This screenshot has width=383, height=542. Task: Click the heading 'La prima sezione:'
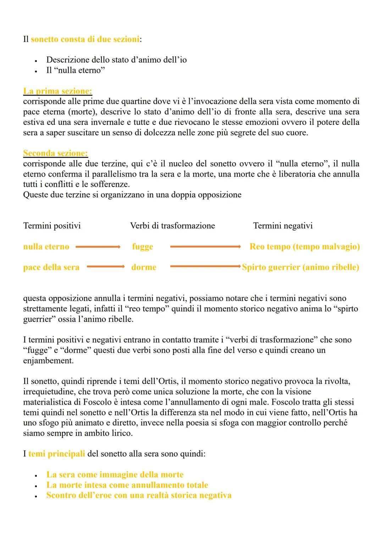(x=57, y=91)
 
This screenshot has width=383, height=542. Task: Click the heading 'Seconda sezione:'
(x=55, y=153)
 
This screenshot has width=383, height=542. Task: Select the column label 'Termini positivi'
(x=52, y=226)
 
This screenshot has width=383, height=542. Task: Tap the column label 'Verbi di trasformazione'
(x=172, y=226)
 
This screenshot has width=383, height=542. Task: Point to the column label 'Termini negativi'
(x=283, y=226)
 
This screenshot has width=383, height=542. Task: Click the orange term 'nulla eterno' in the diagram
(x=46, y=247)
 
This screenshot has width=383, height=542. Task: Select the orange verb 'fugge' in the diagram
(x=143, y=247)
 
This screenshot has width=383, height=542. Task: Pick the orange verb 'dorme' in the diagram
(x=144, y=267)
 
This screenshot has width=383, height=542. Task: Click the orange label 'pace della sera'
(x=51, y=267)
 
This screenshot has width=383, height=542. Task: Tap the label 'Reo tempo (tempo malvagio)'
(x=305, y=247)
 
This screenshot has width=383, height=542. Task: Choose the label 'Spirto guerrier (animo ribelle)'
(x=300, y=267)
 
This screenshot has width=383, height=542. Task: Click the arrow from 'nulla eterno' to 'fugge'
(x=98, y=247)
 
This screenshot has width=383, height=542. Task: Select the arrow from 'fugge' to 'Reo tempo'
(x=206, y=247)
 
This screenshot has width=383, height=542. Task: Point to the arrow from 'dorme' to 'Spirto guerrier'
(x=206, y=267)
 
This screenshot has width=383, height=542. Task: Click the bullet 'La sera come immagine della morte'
(x=115, y=475)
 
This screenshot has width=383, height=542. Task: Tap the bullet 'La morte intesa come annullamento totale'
(x=127, y=485)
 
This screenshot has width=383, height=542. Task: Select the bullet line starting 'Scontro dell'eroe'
(x=139, y=496)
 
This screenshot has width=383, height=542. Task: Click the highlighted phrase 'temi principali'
(x=56, y=454)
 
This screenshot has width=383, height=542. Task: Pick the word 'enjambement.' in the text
(x=48, y=361)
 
